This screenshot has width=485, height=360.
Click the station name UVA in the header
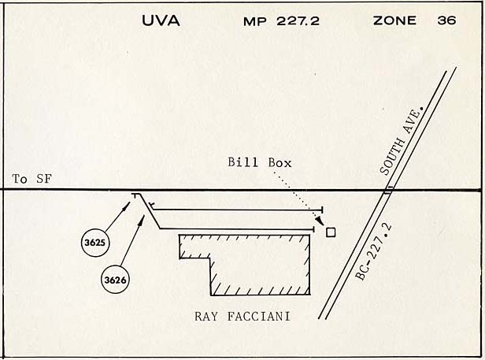pos(161,20)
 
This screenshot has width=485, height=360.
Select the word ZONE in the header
pos(394,20)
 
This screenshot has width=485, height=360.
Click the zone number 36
pos(446,20)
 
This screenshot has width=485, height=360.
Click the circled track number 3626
pos(115,278)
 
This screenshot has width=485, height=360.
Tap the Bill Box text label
pos(259,163)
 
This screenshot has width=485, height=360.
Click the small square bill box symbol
pos(331,232)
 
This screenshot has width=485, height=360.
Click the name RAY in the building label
pos(207,317)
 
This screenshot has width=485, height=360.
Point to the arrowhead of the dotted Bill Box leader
pos(320,224)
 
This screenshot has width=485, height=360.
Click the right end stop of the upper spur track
pos(322,210)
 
